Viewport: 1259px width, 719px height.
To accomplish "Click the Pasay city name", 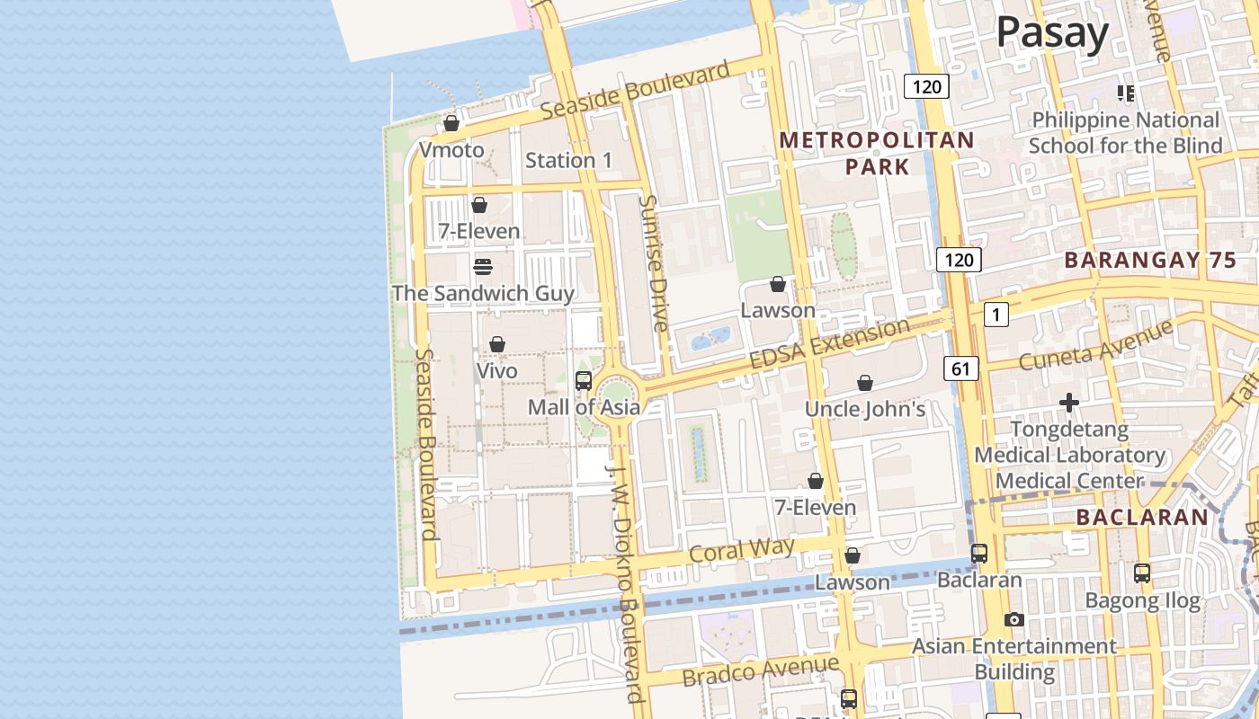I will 1052,34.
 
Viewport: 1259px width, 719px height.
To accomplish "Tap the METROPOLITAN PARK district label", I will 877,153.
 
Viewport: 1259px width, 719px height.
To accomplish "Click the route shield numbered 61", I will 961,368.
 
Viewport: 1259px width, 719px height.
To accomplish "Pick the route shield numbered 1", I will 996,315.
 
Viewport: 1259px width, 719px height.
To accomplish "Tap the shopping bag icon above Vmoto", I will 451,123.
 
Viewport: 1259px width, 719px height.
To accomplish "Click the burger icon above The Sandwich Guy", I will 483,267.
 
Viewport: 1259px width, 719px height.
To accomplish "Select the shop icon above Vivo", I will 497,344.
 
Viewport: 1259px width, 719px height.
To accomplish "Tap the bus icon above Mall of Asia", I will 584,380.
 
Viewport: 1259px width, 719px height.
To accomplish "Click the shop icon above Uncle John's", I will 865,384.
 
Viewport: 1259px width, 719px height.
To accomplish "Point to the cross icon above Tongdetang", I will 1069,403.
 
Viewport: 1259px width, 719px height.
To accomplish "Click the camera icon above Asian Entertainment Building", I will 1014,620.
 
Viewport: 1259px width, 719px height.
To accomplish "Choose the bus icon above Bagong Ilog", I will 1142,573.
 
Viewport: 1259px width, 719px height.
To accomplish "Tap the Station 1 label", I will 568,161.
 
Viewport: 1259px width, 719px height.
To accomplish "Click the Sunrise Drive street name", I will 654,262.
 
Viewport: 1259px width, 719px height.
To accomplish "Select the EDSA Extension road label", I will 829,343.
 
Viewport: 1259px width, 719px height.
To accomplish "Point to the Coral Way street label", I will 741,549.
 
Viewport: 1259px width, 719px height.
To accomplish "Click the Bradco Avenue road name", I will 760,670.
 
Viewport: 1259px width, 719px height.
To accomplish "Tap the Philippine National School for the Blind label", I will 1125,133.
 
